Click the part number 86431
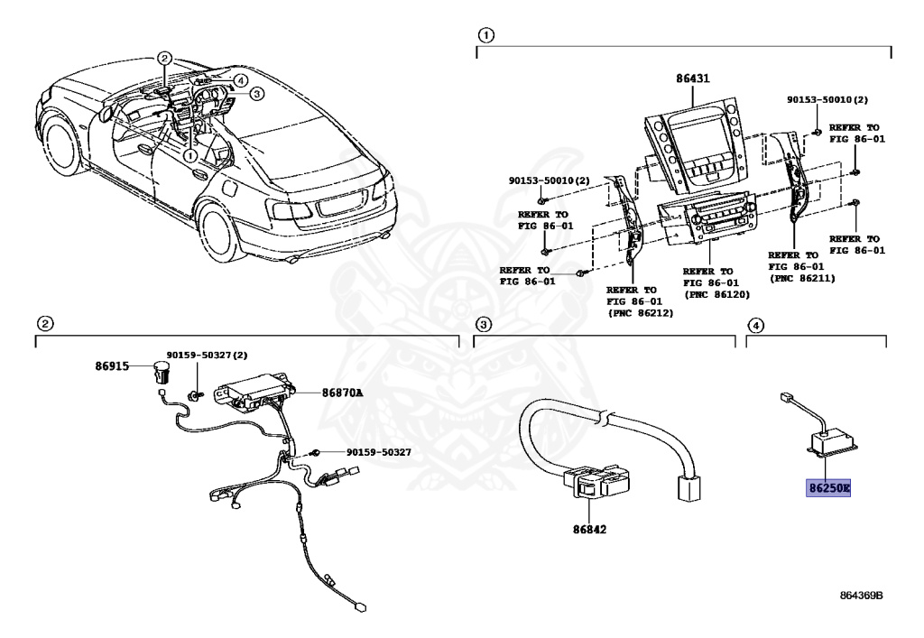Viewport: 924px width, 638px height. pyautogui.click(x=692, y=79)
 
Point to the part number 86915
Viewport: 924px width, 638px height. pyautogui.click(x=113, y=366)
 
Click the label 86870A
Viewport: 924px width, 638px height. pyautogui.click(x=342, y=393)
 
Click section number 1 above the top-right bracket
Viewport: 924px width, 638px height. pyautogui.click(x=485, y=36)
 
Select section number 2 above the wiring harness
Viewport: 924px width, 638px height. pyautogui.click(x=43, y=323)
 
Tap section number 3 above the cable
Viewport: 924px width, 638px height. pyautogui.click(x=484, y=324)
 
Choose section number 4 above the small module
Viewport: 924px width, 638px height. pyautogui.click(x=755, y=324)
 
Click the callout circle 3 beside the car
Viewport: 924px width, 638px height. pyautogui.click(x=256, y=93)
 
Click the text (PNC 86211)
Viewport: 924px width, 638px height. pyautogui.click(x=801, y=279)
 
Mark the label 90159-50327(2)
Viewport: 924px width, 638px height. pyautogui.click(x=207, y=356)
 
